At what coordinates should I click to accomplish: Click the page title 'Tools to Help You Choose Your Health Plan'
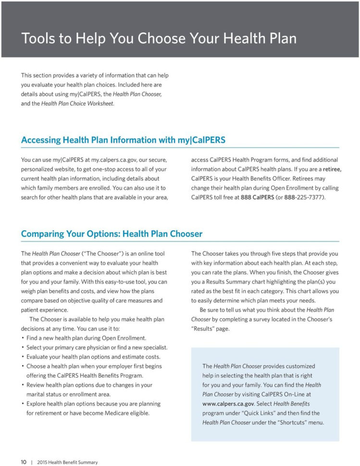[159, 38]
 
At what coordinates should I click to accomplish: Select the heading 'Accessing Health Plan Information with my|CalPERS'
[123, 140]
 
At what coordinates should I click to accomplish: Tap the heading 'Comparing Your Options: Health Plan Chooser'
[112, 234]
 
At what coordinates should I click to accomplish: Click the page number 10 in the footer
[23, 462]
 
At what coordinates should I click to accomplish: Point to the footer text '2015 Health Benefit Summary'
[67, 462]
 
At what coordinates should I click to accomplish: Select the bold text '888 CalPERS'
[258, 197]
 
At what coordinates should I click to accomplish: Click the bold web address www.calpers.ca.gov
[228, 404]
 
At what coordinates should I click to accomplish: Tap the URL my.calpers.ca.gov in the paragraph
[111, 160]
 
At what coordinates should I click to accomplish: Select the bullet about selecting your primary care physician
[97, 347]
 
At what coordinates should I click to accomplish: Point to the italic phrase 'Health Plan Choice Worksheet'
[77, 104]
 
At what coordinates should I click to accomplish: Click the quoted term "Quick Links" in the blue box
[248, 413]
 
